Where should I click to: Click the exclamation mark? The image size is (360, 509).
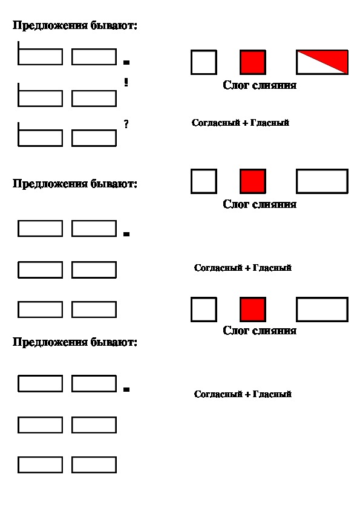click(126, 82)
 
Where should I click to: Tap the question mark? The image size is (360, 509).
click(126, 124)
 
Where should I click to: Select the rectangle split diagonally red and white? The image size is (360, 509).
click(322, 62)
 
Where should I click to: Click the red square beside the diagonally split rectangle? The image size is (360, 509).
click(253, 62)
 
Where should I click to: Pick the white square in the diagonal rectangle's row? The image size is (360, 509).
click(204, 62)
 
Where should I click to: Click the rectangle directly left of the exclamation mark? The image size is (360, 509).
click(94, 99)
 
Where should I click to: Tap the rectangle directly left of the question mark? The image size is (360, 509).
click(94, 138)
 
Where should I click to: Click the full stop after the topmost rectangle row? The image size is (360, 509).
click(126, 62)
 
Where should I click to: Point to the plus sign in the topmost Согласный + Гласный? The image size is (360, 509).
click(245, 123)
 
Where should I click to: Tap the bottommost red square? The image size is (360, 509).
click(253, 310)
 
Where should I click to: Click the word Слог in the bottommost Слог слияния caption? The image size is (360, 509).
click(236, 331)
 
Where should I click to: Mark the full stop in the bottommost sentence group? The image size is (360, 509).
click(126, 389)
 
